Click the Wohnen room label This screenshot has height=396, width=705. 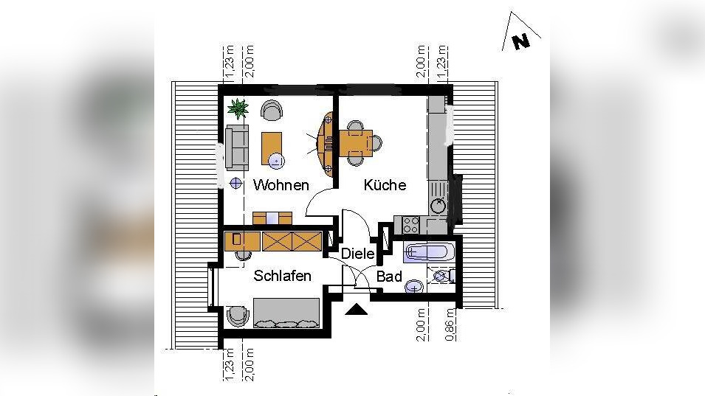[281, 185]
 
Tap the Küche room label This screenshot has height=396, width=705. [385, 185]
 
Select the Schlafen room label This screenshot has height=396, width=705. [282, 276]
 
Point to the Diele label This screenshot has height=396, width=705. [357, 254]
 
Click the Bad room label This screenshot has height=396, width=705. [389, 277]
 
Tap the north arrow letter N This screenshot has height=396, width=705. [521, 41]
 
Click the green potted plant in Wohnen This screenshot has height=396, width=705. [238, 109]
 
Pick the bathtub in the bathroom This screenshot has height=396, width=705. [427, 252]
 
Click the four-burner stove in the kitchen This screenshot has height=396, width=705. [408, 223]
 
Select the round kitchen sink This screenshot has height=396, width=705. [439, 206]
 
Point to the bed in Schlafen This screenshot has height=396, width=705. [286, 313]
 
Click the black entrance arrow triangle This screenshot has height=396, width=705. [357, 309]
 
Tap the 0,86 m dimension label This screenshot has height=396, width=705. [450, 324]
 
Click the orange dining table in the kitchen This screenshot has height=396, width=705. [358, 141]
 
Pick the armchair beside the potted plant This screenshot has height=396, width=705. [272, 111]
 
